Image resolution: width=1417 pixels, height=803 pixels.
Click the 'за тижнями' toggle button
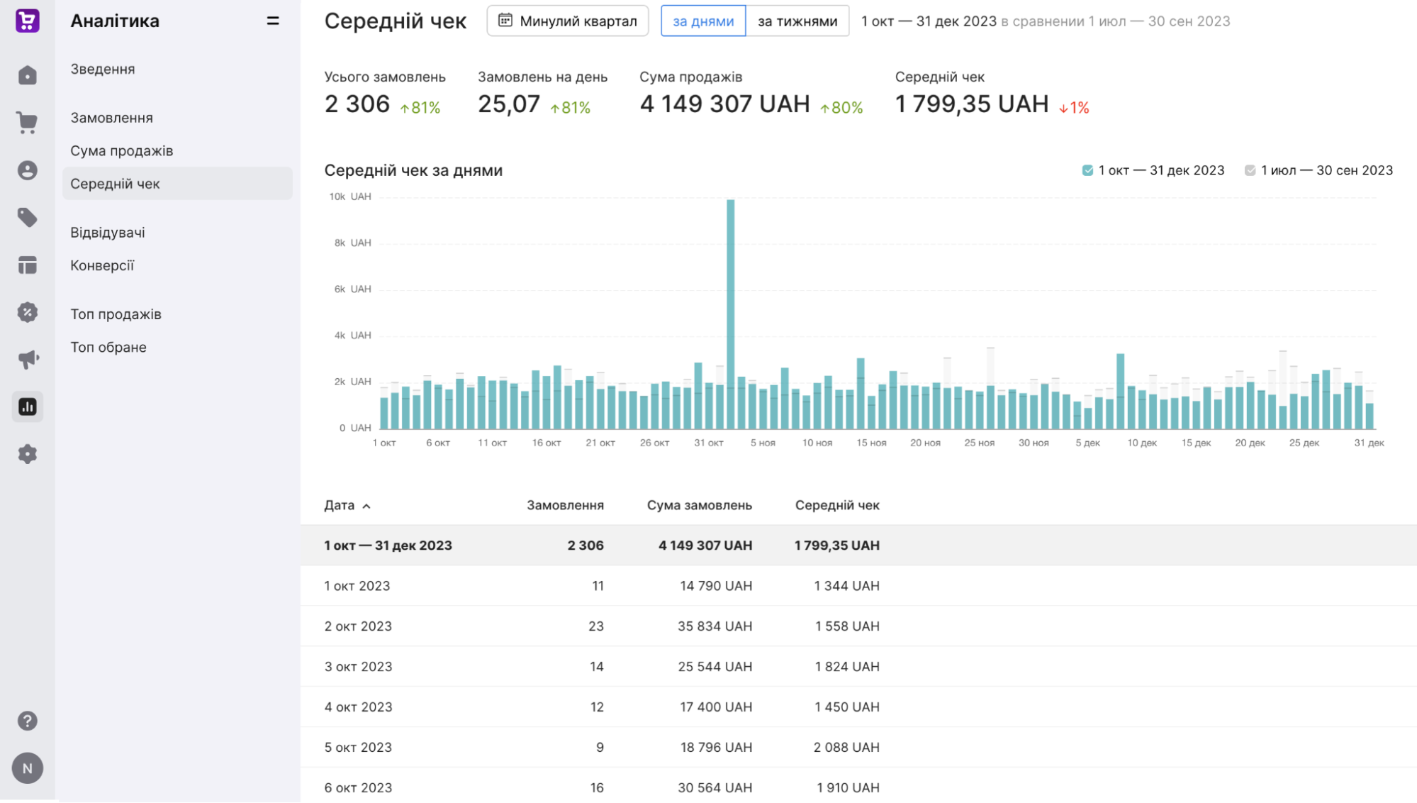coord(797,21)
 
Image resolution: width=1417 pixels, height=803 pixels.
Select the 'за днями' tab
coord(703,21)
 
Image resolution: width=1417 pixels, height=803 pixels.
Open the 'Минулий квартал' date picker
coord(568,21)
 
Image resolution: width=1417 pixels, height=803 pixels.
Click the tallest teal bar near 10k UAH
coord(730,314)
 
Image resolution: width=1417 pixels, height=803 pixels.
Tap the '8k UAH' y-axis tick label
coord(352,243)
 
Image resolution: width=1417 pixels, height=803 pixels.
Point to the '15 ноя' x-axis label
coord(871,443)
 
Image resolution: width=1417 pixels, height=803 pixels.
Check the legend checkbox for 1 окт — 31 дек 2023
coord(1087,170)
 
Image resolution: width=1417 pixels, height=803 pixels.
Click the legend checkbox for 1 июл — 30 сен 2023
coord(1250,170)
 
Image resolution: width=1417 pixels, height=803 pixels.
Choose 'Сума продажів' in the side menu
coord(122,150)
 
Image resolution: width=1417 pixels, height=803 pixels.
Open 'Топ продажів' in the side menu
coord(116,314)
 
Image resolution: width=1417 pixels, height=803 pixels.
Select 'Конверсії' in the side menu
coord(102,265)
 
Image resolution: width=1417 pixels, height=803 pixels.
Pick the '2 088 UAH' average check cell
coord(846,747)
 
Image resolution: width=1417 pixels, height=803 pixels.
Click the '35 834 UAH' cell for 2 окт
coord(715,626)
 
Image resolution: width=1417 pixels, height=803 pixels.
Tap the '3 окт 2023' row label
coord(358,667)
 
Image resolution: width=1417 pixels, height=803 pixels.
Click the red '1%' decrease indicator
coord(1074,108)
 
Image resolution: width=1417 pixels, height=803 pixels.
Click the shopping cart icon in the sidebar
coord(27,123)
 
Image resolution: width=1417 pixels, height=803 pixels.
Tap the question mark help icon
coord(27,721)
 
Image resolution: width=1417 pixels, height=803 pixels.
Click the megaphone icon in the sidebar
coord(28,359)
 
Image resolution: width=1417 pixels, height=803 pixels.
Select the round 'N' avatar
coord(28,768)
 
